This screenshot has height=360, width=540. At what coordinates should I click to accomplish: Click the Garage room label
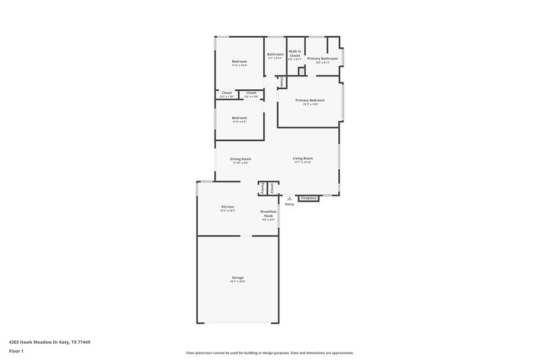click(x=238, y=277)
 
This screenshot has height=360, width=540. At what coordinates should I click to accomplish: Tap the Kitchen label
click(x=227, y=207)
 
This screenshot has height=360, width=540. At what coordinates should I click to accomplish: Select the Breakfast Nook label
click(x=268, y=213)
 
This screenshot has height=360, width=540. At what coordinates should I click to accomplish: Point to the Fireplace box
click(x=308, y=198)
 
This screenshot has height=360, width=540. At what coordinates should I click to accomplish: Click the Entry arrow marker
click(x=290, y=198)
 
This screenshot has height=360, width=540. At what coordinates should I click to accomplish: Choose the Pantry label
click(x=263, y=188)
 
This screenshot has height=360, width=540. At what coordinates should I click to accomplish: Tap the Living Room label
click(x=302, y=159)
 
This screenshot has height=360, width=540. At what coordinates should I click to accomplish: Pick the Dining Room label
click(x=240, y=159)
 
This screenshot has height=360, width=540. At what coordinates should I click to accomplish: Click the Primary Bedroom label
click(x=310, y=100)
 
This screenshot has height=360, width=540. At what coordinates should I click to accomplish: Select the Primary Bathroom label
click(x=322, y=59)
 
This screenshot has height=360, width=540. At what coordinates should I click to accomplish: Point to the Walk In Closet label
click(x=294, y=53)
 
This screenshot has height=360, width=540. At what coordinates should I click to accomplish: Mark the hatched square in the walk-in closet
click(x=301, y=71)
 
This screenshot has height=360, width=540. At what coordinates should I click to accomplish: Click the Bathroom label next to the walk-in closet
click(x=275, y=54)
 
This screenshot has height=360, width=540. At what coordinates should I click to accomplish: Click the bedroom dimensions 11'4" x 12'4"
click(x=240, y=66)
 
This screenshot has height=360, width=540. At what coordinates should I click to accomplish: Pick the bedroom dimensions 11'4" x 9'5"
click(x=240, y=122)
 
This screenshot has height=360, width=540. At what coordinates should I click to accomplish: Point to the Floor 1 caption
click(x=16, y=352)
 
